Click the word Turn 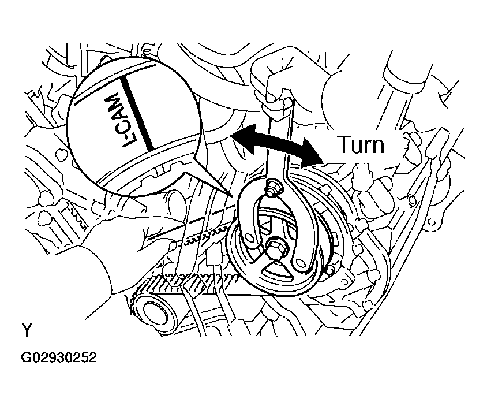[x=361, y=144]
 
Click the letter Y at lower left [x=27, y=330]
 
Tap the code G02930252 [x=58, y=358]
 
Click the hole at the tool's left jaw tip [x=249, y=235]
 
